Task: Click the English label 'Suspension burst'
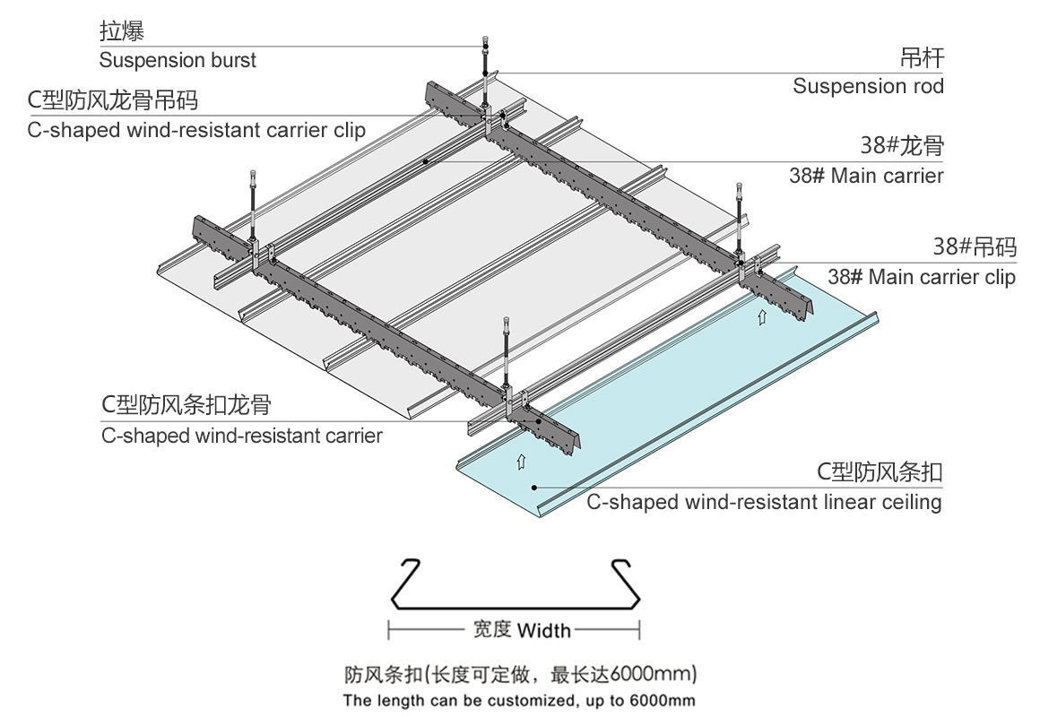178,61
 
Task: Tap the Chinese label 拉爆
122,33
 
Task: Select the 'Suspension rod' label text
868,87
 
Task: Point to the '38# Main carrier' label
866,176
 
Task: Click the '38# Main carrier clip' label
921,277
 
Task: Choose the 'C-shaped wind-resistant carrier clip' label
196,130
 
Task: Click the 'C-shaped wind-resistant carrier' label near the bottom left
241,436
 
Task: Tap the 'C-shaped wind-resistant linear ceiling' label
764,502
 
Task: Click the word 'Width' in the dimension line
543,630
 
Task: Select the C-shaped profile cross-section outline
516,583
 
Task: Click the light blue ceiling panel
681,385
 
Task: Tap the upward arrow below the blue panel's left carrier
519,462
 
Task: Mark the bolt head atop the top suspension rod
484,39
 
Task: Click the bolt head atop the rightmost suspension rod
740,186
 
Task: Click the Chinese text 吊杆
922,59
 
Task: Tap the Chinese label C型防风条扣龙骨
186,405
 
